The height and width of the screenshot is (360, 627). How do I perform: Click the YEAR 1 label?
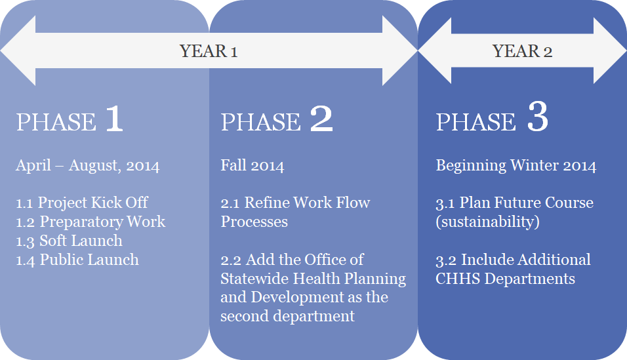(x=209, y=51)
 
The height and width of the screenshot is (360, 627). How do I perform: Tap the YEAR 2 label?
(x=522, y=51)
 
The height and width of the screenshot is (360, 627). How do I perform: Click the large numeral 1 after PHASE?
(x=114, y=119)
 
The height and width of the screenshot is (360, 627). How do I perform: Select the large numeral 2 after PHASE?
(x=321, y=119)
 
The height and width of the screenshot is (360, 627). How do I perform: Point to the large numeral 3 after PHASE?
(x=538, y=117)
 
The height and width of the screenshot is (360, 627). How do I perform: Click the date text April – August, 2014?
(x=88, y=166)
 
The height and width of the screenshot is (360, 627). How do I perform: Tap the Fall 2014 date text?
(x=253, y=166)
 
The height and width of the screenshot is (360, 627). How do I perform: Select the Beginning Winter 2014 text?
(x=516, y=166)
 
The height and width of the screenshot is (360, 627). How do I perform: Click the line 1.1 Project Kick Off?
(x=82, y=203)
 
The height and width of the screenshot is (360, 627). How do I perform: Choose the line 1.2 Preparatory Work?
(x=91, y=222)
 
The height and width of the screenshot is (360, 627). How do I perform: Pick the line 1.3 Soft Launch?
(x=69, y=241)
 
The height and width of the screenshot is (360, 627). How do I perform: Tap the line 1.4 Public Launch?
(x=77, y=260)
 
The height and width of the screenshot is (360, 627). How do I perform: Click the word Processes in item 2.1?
(x=254, y=222)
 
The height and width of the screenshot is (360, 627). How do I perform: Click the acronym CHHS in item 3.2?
(x=457, y=279)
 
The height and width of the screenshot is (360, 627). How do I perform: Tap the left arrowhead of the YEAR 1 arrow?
(x=18, y=50)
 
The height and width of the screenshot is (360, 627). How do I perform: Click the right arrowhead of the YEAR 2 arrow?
(x=610, y=50)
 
